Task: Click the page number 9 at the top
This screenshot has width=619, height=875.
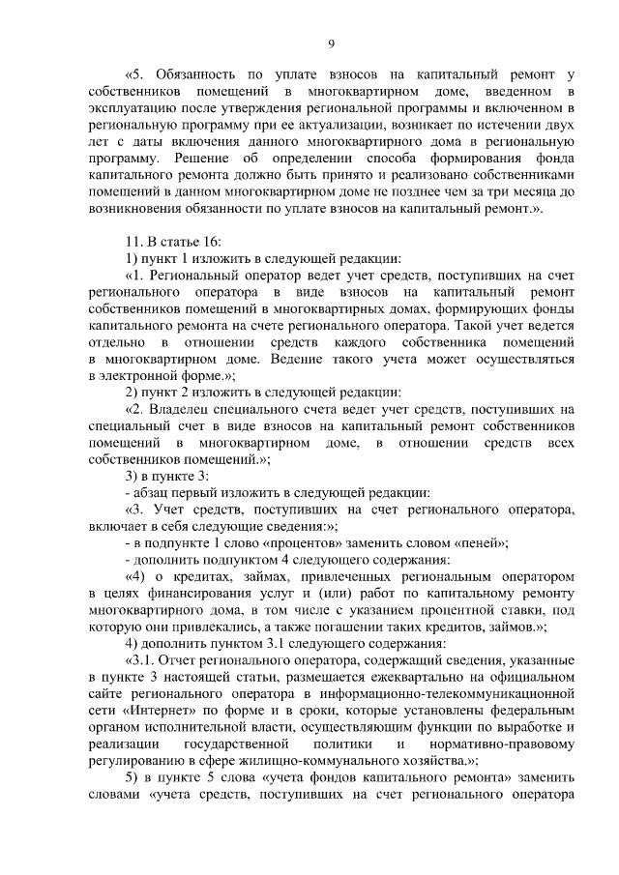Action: (x=331, y=44)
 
